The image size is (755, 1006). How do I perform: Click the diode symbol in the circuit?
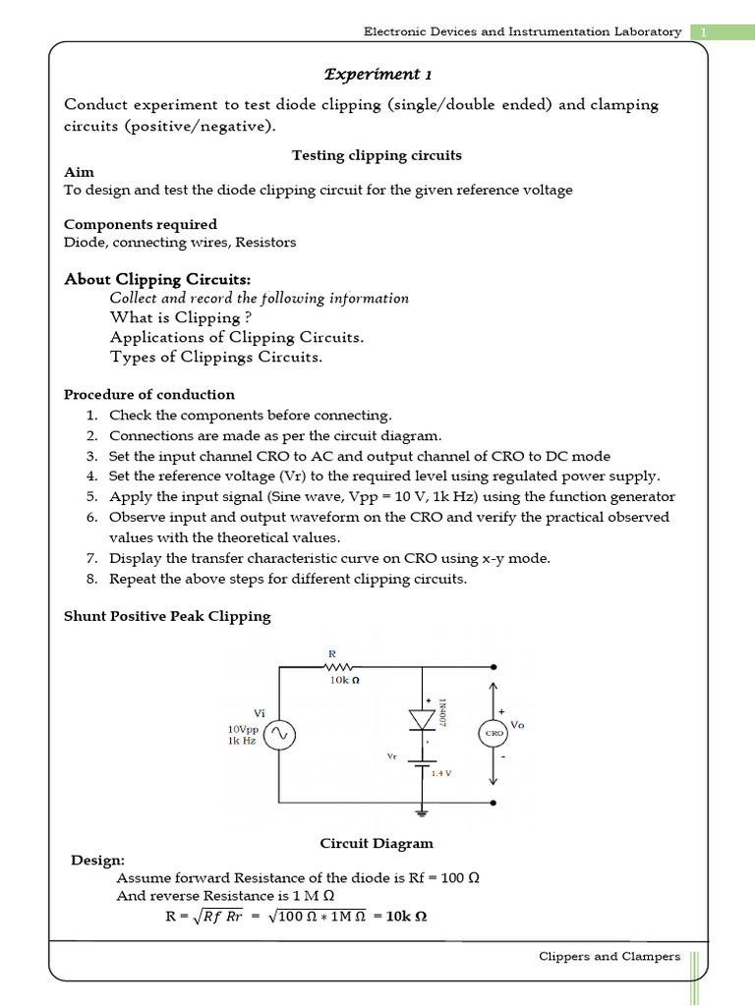click(423, 720)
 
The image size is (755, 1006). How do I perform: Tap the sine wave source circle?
click(278, 734)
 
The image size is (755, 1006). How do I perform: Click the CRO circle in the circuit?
click(493, 733)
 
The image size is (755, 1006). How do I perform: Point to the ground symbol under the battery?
click(423, 812)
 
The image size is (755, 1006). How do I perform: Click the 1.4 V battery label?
click(441, 773)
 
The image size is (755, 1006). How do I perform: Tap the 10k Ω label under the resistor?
click(346, 679)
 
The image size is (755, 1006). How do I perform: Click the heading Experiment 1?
click(377, 75)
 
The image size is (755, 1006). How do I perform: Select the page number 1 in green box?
click(703, 31)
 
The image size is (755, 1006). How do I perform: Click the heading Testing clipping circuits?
click(377, 155)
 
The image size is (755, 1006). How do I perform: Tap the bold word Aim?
click(79, 172)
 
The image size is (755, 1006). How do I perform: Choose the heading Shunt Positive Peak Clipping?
click(167, 616)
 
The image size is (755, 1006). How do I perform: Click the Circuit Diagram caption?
click(377, 843)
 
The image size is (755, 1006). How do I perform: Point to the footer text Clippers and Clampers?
click(610, 956)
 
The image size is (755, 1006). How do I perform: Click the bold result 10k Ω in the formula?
click(406, 917)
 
